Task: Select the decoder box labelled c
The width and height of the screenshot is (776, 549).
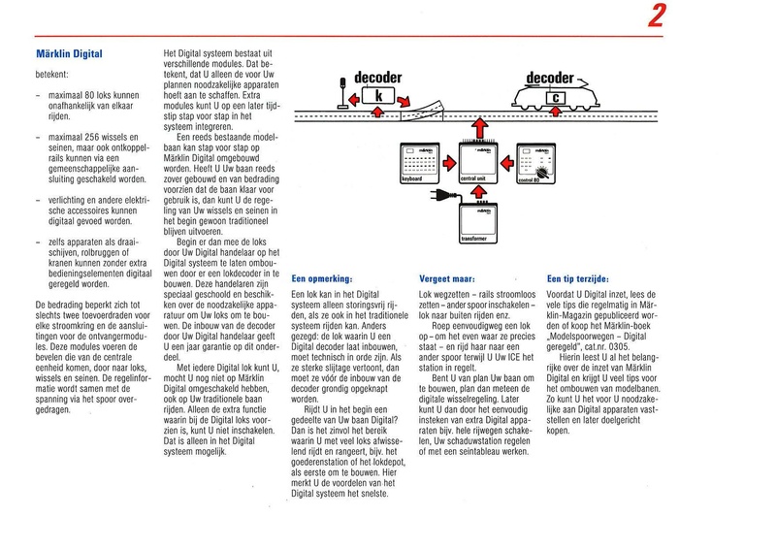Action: [554, 97]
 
